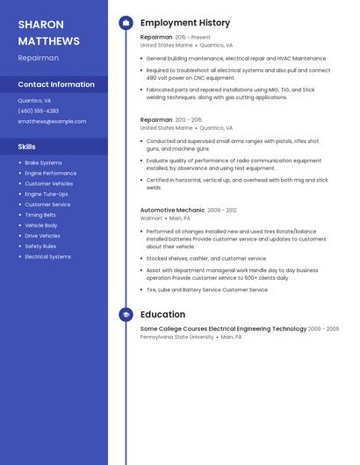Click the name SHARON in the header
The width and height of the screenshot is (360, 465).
coord(40,24)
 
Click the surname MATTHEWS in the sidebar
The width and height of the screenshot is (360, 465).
coord(48,41)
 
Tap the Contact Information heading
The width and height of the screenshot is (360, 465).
coord(56,84)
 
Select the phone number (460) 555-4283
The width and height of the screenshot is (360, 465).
coord(39,111)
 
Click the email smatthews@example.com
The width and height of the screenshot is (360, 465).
coord(52,121)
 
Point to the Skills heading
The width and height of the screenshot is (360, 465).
coord(27,147)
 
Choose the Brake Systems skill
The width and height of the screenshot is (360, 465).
coord(43,162)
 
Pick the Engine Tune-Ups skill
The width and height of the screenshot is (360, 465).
coord(46,194)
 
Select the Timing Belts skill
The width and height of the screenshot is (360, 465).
coord(40,215)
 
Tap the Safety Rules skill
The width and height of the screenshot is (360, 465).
coord(40,247)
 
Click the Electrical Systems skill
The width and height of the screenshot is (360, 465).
coord(47,257)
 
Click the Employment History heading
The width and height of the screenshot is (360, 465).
coord(185,23)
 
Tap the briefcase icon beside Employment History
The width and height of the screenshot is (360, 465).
coord(126,23)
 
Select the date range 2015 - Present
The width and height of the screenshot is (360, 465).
coord(193,38)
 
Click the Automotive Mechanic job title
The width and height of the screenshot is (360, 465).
coord(172,211)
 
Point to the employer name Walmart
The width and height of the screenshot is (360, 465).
coord(151,218)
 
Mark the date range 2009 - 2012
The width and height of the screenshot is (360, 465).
coord(222,211)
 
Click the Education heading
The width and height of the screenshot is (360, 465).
coord(162,314)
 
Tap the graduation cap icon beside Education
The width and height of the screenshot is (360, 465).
coord(126,314)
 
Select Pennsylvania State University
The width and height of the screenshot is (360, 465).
coord(176,337)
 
